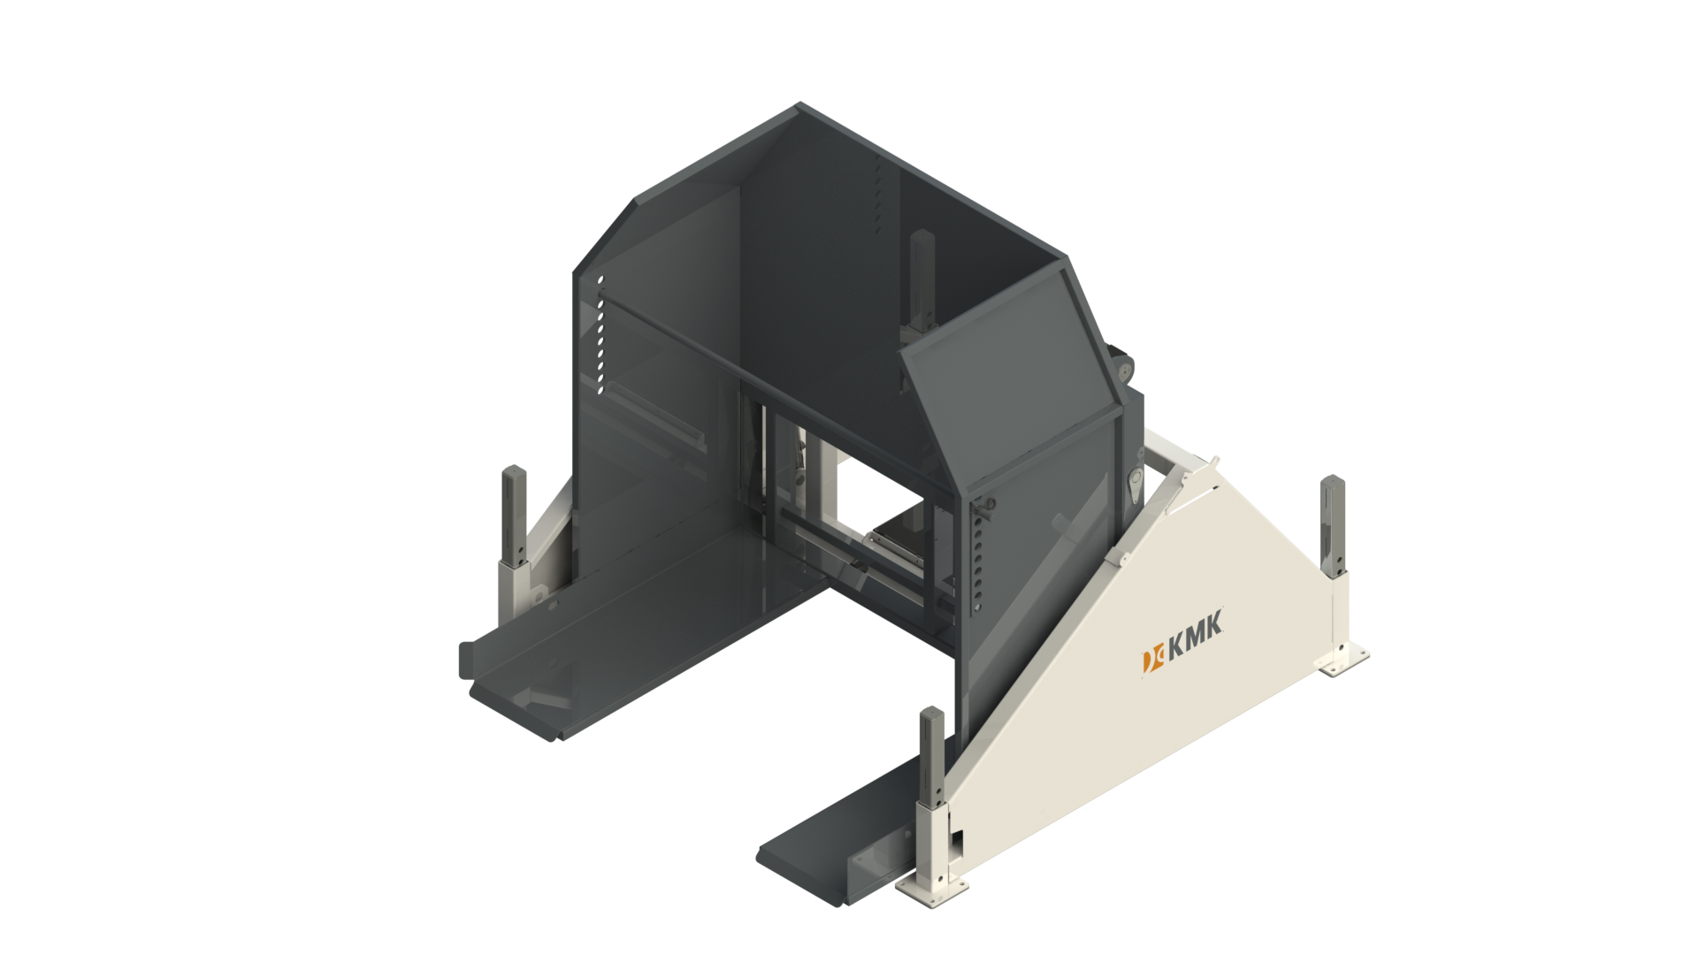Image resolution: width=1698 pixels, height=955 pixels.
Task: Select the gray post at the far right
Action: (1332, 522)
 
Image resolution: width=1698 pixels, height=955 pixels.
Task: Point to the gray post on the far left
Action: (514, 513)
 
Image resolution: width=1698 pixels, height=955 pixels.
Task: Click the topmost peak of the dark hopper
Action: (799, 105)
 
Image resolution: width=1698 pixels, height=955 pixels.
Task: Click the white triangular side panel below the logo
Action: (1150, 734)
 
